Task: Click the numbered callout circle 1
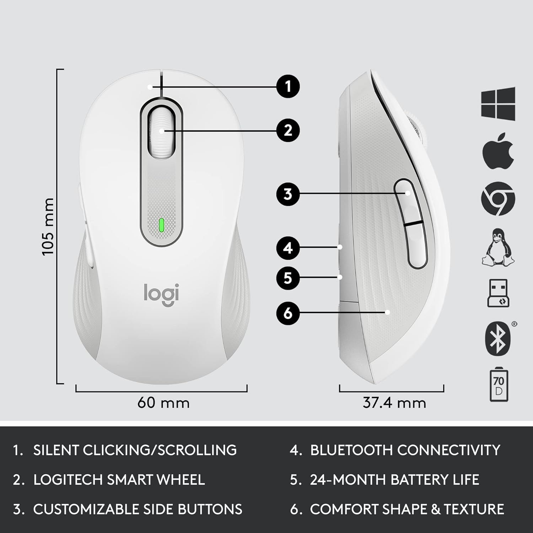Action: pos(288,86)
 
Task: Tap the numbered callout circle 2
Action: pos(288,130)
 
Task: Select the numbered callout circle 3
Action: pos(288,194)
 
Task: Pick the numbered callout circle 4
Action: pos(288,248)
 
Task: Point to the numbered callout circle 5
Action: pos(288,278)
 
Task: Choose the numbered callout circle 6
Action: pos(288,313)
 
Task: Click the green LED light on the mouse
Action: pos(161,225)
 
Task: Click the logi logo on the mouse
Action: pos(161,294)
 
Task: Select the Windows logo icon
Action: pos(498,103)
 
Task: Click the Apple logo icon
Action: pos(498,151)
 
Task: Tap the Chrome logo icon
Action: pos(498,198)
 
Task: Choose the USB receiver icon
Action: pos(498,293)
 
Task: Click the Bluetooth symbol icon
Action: pos(498,339)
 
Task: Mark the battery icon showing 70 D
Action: pos(499,385)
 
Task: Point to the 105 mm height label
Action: pos(48,227)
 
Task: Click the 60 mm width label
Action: pos(163,403)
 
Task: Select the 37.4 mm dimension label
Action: pos(394,403)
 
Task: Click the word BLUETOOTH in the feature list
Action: pos(352,450)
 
